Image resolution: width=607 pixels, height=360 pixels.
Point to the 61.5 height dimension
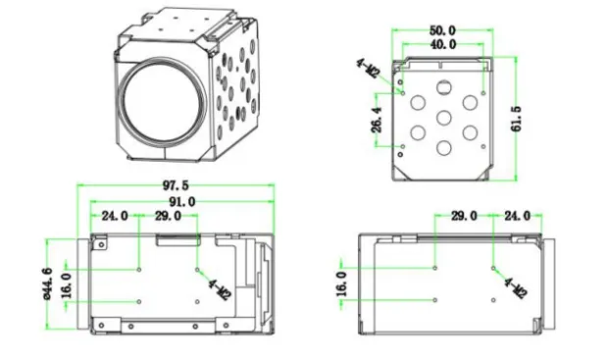coord(516,118)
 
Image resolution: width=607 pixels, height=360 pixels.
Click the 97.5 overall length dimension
coord(177,184)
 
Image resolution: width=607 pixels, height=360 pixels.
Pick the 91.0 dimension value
coord(177,200)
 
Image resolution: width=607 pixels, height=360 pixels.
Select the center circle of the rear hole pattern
coord(443,119)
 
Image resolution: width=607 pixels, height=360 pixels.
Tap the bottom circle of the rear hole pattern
coord(444,148)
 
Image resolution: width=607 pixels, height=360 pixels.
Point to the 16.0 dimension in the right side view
coord(342,283)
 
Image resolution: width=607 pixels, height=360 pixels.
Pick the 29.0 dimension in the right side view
coord(463,216)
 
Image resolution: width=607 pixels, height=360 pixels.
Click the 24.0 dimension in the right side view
coord(517,216)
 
